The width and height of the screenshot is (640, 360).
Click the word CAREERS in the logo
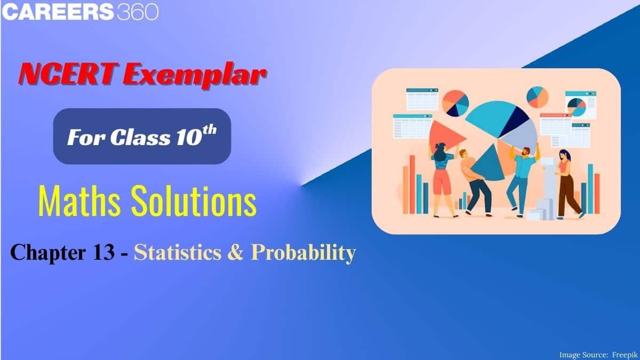58,12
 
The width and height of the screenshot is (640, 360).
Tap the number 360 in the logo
138,12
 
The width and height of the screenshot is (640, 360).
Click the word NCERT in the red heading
69,74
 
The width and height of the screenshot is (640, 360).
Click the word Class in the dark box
140,137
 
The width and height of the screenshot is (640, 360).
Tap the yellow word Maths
79,201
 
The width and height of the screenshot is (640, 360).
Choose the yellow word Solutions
194,201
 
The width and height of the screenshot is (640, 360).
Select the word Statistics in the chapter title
178,253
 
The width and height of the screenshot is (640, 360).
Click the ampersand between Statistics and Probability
236,253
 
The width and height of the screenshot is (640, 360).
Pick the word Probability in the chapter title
303,254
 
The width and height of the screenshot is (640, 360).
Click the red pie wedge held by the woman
444,137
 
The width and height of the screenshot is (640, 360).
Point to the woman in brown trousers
567,185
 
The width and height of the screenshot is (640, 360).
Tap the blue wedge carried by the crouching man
489,164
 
